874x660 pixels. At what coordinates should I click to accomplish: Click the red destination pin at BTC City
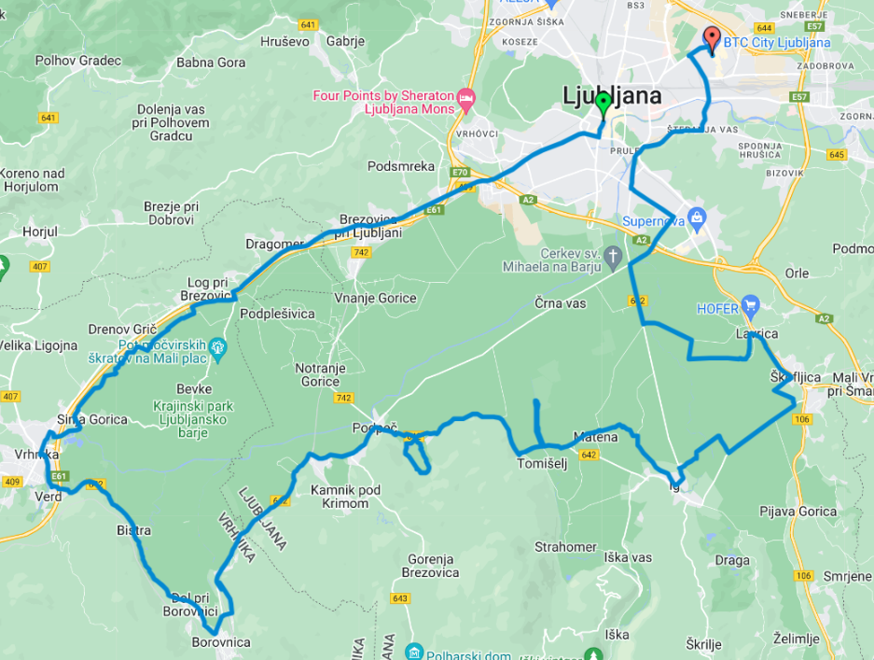(712, 38)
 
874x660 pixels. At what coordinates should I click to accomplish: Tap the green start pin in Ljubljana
(603, 102)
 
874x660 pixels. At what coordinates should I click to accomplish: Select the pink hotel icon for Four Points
(466, 97)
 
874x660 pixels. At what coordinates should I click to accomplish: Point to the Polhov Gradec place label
(78, 61)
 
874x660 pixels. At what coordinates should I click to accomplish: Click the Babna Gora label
(211, 63)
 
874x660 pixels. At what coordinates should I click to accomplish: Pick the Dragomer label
(275, 244)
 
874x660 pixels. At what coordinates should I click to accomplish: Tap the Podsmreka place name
(401, 166)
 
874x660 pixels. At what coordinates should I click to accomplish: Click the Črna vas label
(561, 303)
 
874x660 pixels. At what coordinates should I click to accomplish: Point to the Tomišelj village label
(543, 463)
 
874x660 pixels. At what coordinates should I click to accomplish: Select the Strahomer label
(565, 546)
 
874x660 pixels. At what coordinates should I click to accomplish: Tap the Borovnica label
(221, 642)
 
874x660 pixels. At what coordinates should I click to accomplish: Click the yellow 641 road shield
(49, 118)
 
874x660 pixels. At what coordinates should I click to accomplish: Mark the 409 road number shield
(12, 482)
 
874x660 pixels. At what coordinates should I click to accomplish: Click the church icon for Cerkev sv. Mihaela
(613, 256)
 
